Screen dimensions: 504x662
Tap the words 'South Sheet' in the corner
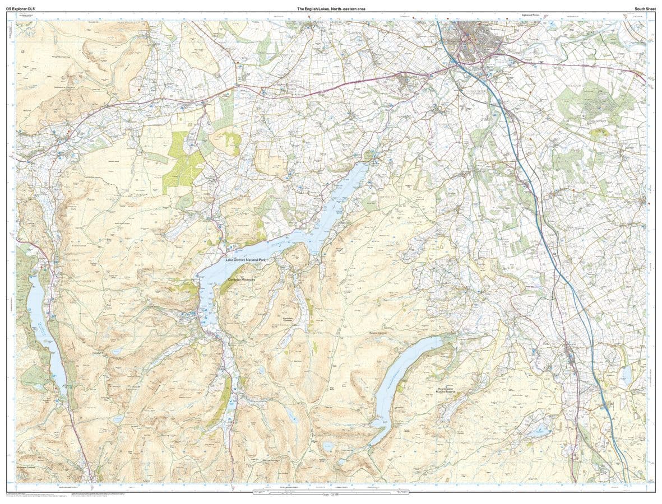pos(642,8)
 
